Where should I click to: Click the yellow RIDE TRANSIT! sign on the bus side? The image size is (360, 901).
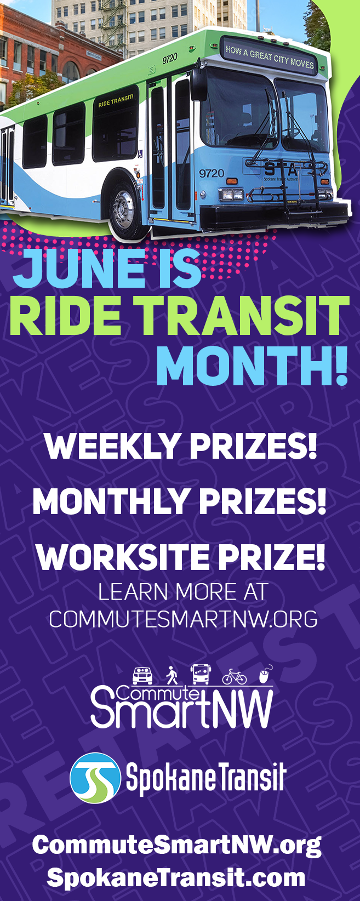(x=116, y=101)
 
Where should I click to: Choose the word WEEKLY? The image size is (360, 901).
(x=112, y=446)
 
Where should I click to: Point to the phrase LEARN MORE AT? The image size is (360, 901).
(x=183, y=592)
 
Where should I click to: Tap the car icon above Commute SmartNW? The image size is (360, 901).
(x=142, y=675)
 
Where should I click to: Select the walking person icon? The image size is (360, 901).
(x=172, y=675)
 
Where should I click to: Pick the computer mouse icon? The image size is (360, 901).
(x=265, y=674)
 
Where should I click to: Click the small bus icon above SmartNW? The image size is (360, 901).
(x=200, y=674)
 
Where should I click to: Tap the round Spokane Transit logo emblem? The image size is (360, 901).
(x=95, y=778)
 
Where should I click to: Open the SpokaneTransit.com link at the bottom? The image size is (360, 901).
(x=176, y=877)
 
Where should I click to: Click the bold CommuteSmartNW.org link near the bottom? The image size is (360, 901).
(x=176, y=845)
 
